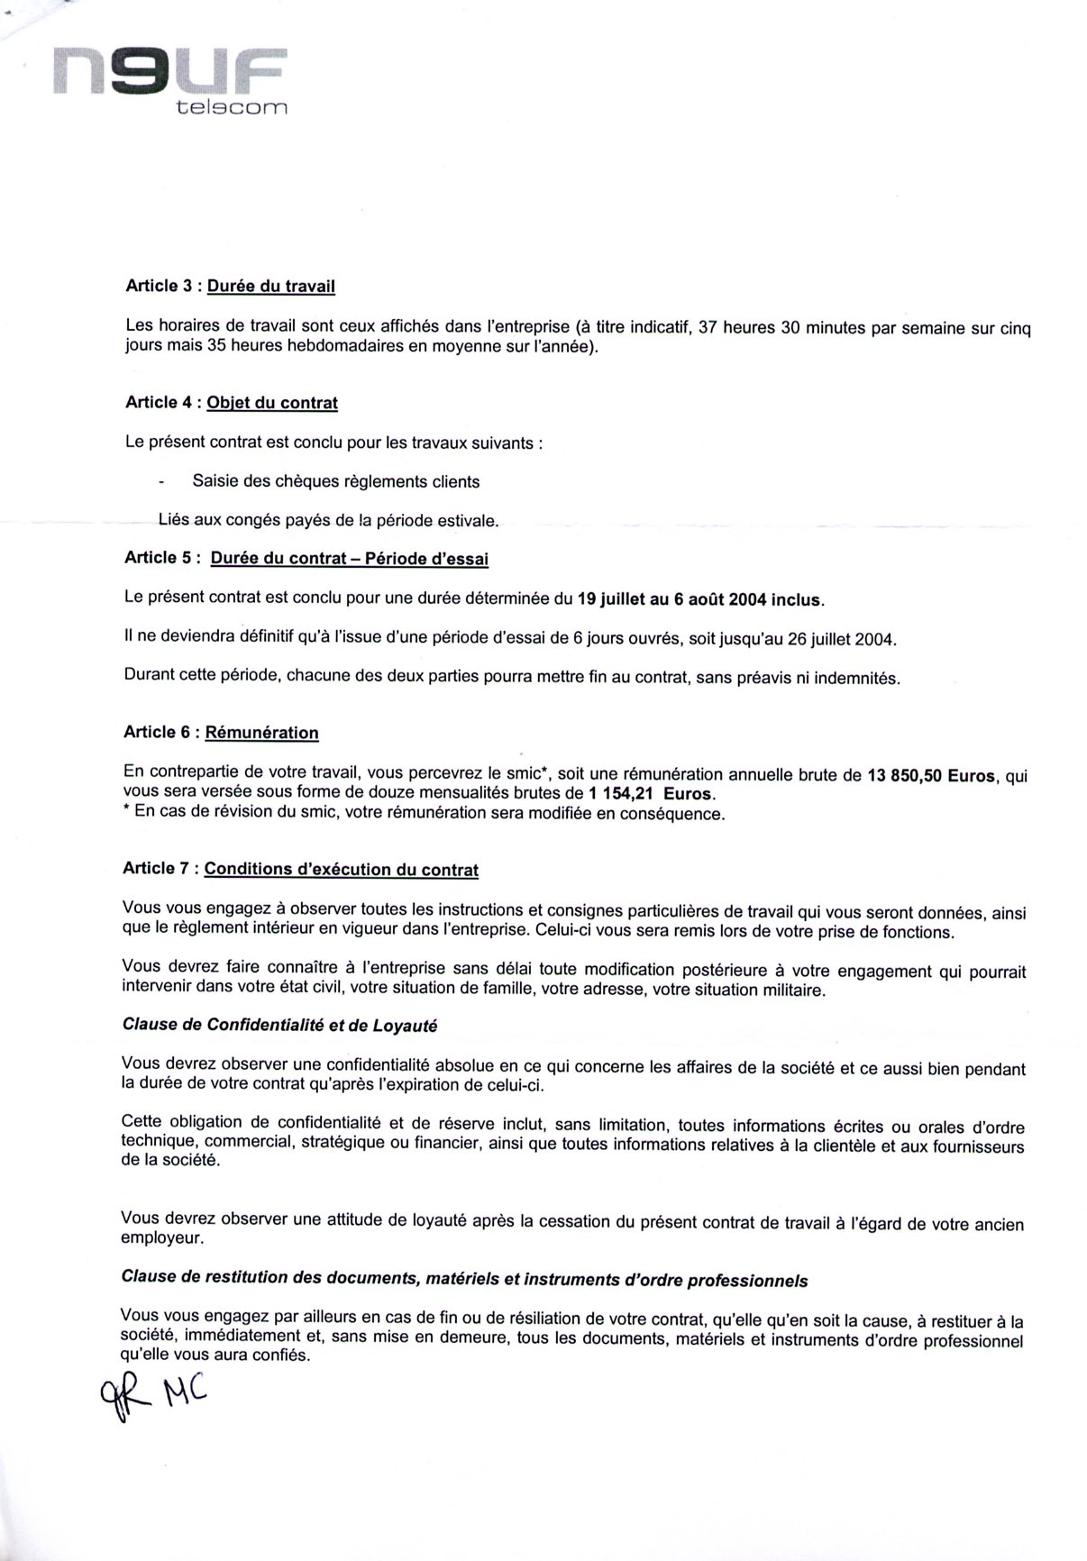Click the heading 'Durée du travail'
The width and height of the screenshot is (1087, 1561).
point(271,287)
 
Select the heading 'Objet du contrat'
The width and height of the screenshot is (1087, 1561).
point(272,403)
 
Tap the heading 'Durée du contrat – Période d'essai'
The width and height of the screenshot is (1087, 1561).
point(350,559)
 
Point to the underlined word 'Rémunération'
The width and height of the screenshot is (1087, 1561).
point(262,733)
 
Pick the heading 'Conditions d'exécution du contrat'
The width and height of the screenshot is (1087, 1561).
point(342,870)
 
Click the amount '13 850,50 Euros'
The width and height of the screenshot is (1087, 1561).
point(931,775)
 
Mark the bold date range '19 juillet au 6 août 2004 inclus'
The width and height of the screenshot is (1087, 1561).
point(699,599)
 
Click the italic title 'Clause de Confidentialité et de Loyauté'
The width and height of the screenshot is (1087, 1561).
point(279,1026)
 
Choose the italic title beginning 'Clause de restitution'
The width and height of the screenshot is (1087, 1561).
point(464,1280)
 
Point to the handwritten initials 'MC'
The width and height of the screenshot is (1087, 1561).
point(184,1398)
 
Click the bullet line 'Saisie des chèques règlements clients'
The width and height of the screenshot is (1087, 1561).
point(335,482)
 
